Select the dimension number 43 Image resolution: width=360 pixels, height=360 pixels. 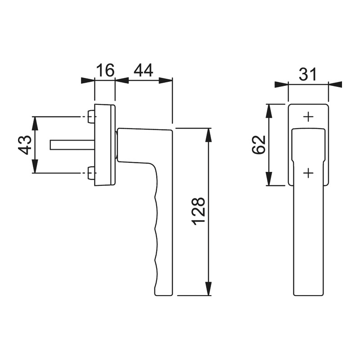click(25, 145)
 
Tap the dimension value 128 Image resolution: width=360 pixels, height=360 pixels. click(198, 211)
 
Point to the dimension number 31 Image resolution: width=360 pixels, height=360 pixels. click(308, 74)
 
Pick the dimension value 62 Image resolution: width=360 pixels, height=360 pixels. click(259, 144)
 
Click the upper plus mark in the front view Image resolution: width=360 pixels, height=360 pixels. click(308, 117)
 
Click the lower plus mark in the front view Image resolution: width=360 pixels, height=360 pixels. click(308, 173)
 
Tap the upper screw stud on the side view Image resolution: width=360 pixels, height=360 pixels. click(91, 117)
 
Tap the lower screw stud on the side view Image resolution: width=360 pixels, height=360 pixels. click(91, 173)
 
